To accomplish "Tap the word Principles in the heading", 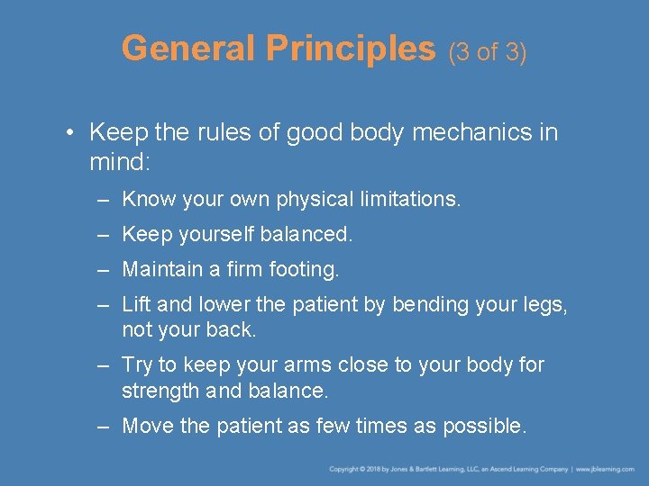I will [351, 49].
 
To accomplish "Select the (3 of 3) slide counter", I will [488, 51].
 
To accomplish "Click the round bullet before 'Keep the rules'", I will [70, 133].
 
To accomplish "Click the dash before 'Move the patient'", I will [105, 426].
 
